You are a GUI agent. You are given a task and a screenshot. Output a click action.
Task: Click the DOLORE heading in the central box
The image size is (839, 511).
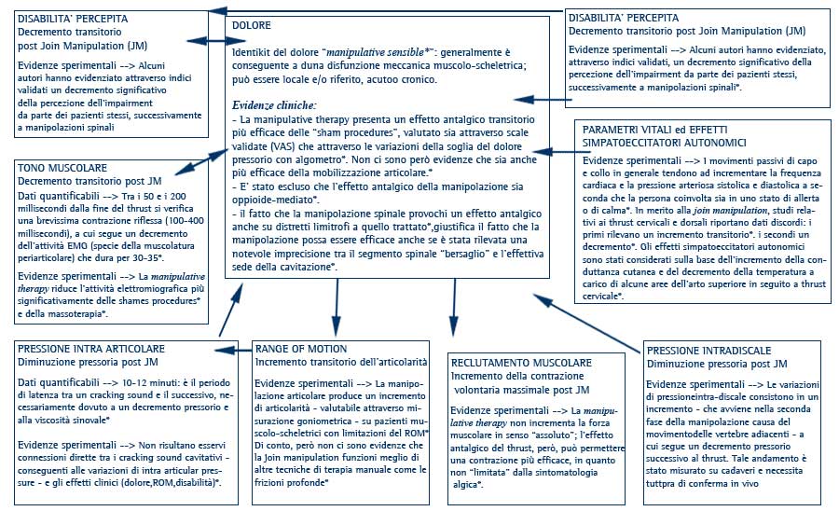click(x=254, y=25)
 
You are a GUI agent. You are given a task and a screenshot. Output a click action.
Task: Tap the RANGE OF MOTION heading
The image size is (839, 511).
click(x=301, y=349)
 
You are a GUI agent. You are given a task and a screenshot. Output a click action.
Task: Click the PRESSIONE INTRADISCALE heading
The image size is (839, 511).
click(x=705, y=350)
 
